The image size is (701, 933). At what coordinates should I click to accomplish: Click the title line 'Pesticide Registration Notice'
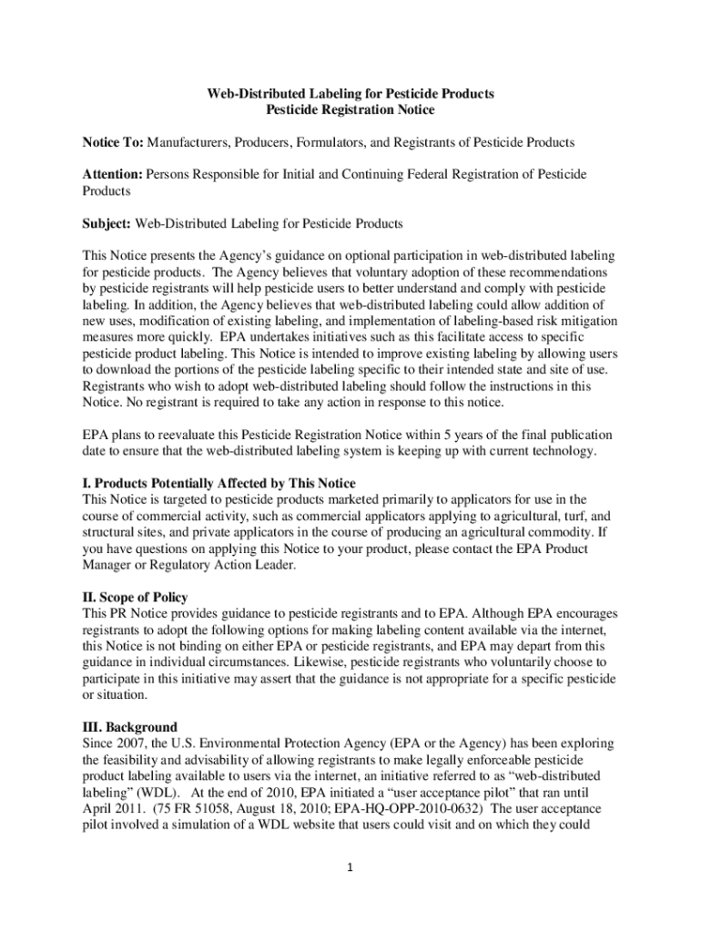350,110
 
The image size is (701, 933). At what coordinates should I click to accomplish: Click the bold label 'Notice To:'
113,143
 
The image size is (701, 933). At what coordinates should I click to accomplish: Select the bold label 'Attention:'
113,174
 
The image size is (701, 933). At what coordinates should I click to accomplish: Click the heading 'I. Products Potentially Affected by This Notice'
218,483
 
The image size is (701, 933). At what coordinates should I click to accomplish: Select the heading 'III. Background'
129,728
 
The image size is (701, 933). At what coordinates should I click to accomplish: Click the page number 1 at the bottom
350,866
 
